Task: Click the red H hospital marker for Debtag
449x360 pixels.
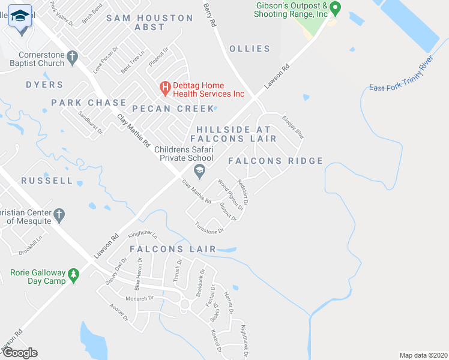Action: (x=165, y=88)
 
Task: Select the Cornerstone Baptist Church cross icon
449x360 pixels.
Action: (x=72, y=58)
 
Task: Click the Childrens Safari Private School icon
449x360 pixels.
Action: (x=200, y=171)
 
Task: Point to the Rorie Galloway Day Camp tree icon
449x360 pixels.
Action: (x=74, y=275)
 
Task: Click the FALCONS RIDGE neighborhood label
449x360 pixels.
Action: (x=276, y=161)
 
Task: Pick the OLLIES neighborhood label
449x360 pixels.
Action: (x=247, y=49)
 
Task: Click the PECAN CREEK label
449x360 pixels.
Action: (x=173, y=109)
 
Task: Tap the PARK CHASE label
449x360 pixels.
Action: (x=89, y=103)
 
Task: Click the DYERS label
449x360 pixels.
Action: (x=44, y=85)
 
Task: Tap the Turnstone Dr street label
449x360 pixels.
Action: (x=209, y=227)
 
